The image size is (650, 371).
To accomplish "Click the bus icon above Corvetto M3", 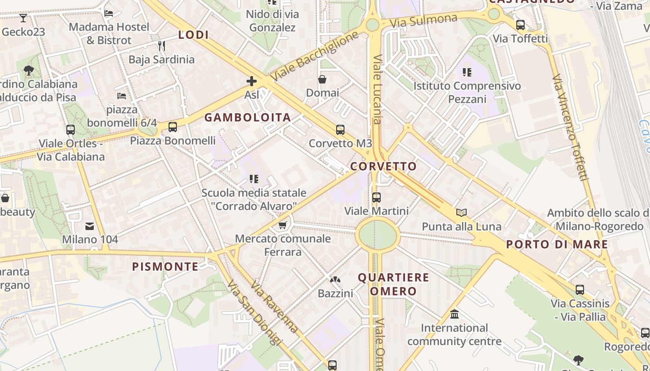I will [340, 130].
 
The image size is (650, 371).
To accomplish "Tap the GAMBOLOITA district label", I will [247, 117].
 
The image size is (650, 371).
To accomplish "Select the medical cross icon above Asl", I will [251, 82].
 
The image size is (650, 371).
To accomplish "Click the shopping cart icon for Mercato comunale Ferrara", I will [282, 225].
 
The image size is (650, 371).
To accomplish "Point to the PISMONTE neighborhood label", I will [165, 267].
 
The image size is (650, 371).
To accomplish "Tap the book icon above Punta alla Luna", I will [461, 213].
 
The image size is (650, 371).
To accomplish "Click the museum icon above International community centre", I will [455, 314].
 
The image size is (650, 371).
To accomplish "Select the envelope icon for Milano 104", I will [90, 226].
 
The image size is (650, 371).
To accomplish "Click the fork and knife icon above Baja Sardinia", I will [161, 45].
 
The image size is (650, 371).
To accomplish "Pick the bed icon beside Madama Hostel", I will [109, 13].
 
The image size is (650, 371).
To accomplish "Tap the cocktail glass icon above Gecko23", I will [23, 18].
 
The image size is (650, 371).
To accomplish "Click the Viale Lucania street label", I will [377, 90].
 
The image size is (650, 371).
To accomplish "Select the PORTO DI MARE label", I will [557, 244].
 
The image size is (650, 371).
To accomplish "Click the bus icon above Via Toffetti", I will [520, 25].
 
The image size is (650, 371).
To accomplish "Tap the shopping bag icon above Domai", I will [322, 79].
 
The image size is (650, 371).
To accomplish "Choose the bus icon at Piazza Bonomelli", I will [173, 127].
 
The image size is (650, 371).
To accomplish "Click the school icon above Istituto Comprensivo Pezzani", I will [467, 72].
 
